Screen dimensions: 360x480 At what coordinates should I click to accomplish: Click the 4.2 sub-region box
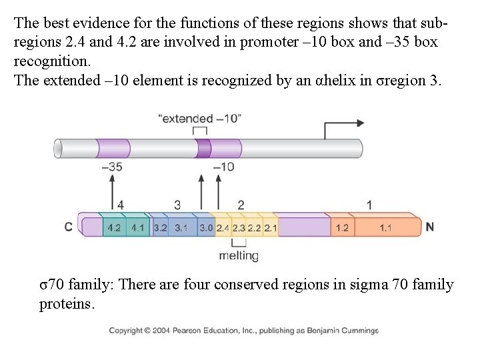(114, 227)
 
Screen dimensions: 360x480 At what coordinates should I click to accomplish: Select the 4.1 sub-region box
(137, 227)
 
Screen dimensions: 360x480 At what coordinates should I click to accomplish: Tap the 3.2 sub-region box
(160, 227)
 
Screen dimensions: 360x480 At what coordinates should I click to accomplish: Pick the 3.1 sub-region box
(181, 227)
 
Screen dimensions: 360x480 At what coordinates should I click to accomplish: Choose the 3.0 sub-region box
(206, 227)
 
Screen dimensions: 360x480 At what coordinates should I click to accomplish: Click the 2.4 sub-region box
(223, 227)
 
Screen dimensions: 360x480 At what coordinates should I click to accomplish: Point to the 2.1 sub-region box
(270, 227)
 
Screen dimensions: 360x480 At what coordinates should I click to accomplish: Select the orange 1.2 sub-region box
(341, 227)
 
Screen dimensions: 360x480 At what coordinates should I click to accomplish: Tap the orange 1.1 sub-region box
(385, 227)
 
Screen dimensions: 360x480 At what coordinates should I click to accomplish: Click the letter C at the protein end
(68, 227)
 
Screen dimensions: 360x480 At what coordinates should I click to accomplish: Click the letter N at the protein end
(429, 227)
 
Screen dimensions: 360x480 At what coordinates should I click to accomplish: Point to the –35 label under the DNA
(112, 167)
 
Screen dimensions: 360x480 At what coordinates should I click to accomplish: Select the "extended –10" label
(200, 119)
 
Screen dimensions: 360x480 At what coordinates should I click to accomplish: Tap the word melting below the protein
(238, 256)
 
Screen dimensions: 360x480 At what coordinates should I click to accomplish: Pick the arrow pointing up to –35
(112, 189)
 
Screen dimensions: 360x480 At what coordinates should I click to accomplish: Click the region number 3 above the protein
(177, 204)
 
